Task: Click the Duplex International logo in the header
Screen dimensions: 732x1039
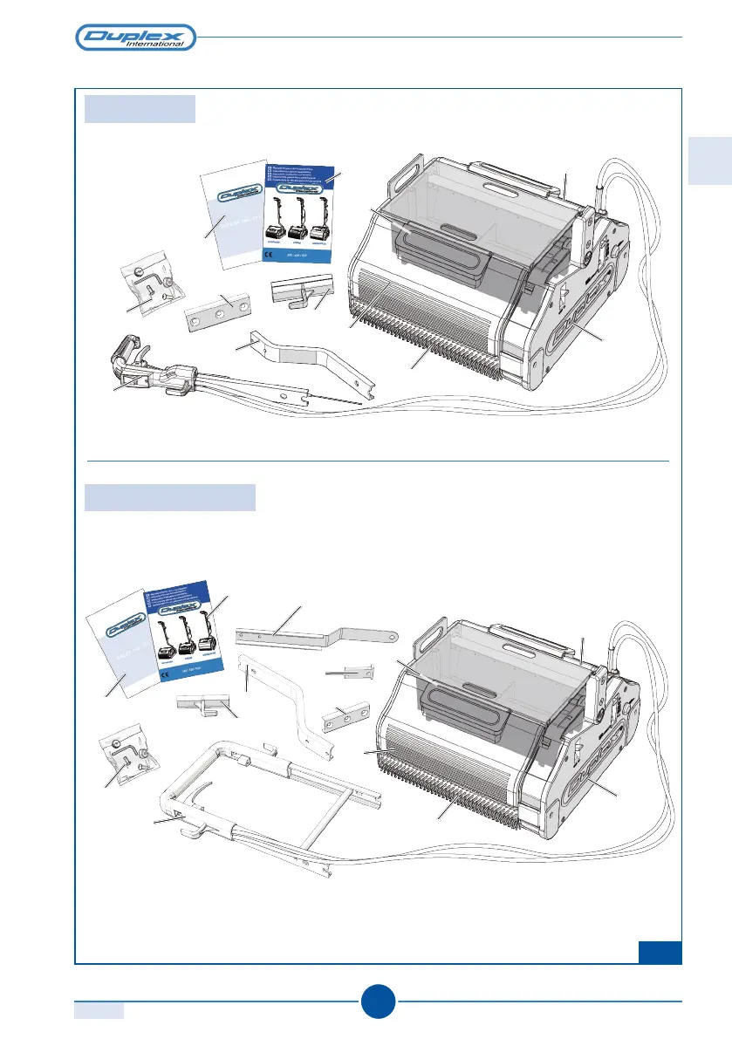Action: point(135,38)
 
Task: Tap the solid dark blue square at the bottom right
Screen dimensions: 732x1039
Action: point(659,952)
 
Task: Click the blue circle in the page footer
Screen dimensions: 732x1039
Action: point(377,1001)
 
